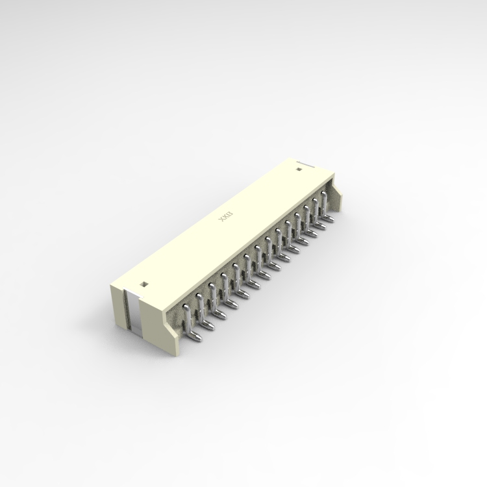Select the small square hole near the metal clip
click(x=144, y=284)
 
